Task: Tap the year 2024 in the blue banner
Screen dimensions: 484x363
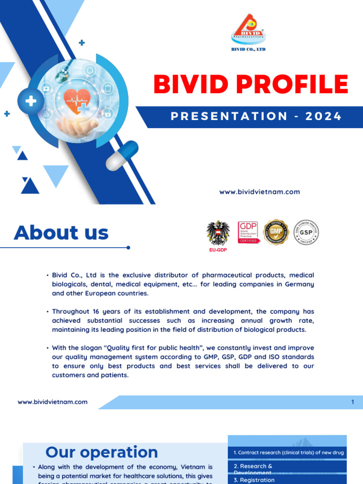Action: click(x=323, y=116)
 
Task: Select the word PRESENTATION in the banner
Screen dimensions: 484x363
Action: click(x=229, y=116)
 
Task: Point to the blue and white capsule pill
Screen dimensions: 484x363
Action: click(x=121, y=156)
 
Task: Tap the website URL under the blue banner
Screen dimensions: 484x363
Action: click(x=259, y=192)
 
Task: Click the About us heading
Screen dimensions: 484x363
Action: click(x=61, y=233)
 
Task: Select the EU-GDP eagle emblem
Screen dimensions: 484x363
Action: click(x=218, y=233)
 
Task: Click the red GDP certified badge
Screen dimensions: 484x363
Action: click(x=249, y=232)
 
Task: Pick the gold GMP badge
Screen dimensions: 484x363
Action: click(x=276, y=232)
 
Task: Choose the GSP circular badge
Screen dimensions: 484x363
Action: click(x=306, y=232)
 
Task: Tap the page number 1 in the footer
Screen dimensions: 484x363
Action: click(x=353, y=402)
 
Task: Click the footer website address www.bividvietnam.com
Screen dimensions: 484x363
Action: click(x=52, y=402)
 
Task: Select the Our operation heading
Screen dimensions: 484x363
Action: click(x=102, y=452)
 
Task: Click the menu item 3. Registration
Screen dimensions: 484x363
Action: click(x=254, y=480)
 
